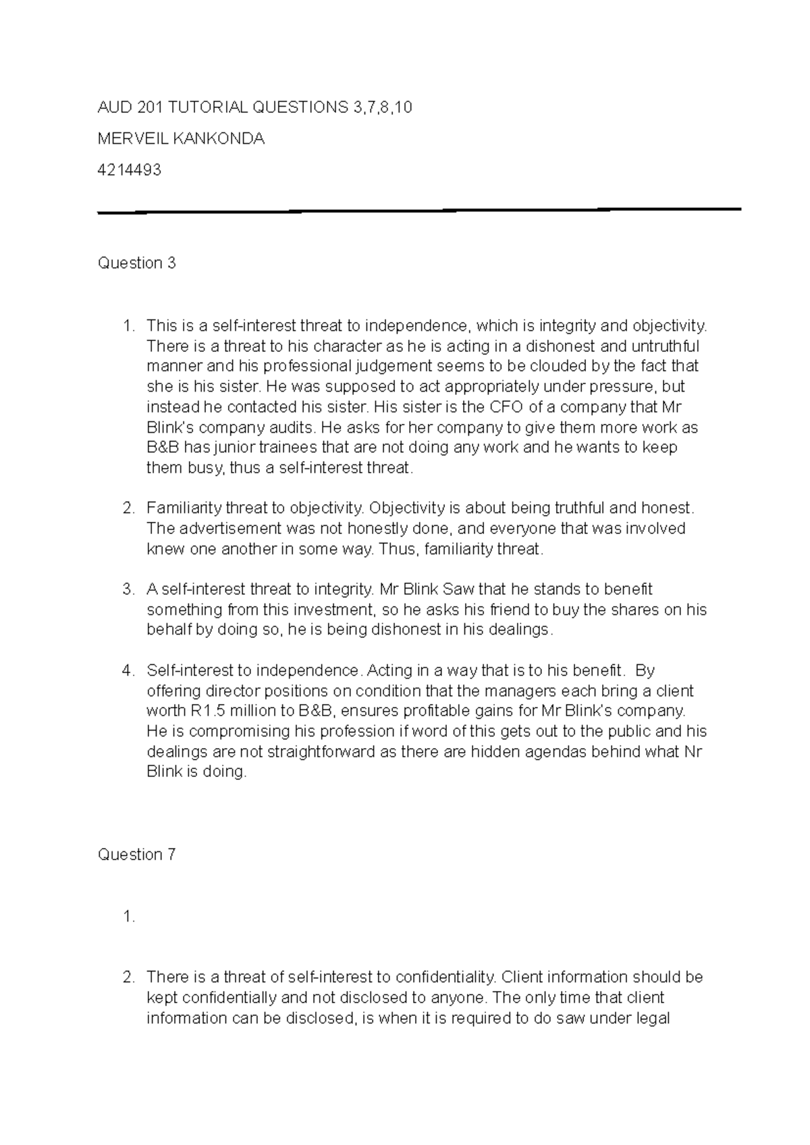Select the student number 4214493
(x=130, y=169)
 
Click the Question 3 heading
(x=137, y=263)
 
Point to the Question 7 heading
(x=137, y=854)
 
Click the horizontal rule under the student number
(x=418, y=211)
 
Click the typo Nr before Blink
(x=693, y=751)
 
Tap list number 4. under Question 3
(x=128, y=670)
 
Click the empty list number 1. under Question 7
(x=128, y=916)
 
